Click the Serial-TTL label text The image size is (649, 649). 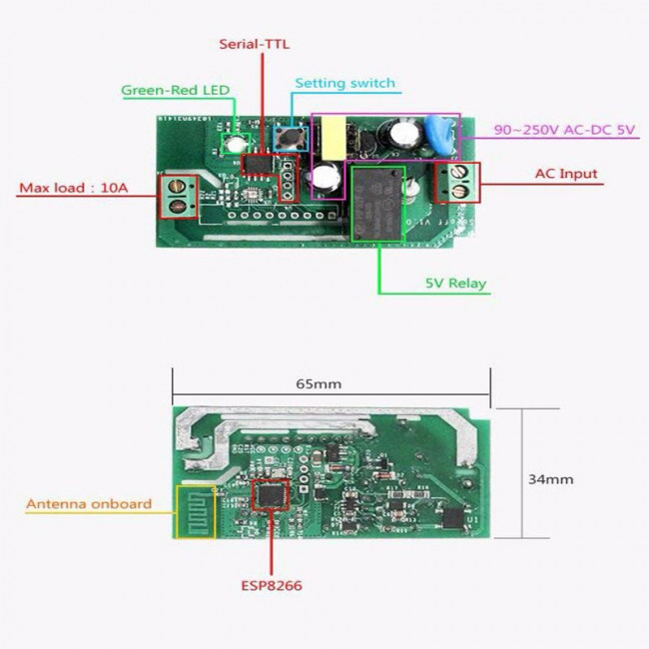click(x=255, y=44)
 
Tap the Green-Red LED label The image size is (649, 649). click(x=176, y=90)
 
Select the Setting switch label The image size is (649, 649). click(x=345, y=83)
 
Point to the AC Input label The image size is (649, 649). click(x=565, y=174)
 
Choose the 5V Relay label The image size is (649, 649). click(x=454, y=284)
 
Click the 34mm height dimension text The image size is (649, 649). click(x=550, y=479)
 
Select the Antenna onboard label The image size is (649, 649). click(x=89, y=504)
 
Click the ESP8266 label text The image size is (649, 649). click(x=272, y=586)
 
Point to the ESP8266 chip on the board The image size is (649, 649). click(x=271, y=495)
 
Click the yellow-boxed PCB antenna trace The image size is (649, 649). click(x=195, y=511)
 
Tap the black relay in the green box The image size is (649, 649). click(x=377, y=203)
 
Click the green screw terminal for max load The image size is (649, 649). click(x=179, y=196)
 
